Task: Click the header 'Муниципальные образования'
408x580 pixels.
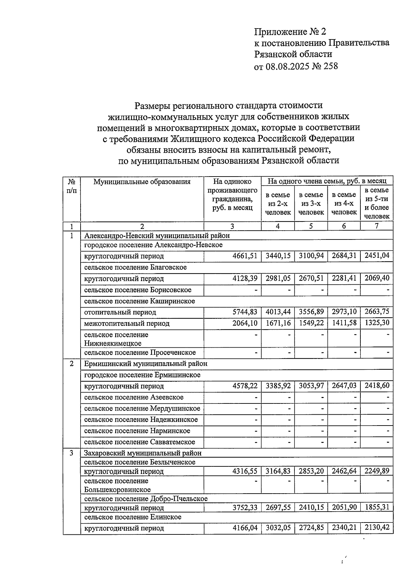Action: click(142, 182)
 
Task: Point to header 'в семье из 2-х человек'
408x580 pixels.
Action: click(277, 203)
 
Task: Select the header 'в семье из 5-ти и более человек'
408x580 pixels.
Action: click(376, 203)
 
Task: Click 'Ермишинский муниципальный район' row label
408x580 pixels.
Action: click(146, 364)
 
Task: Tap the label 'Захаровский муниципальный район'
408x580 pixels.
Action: click(143, 453)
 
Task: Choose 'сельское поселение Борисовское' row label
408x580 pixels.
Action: click(138, 290)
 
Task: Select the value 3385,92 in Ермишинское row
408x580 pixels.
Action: click(277, 386)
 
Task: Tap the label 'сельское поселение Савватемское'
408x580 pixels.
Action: click(140, 442)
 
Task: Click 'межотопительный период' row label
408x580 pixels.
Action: click(127, 323)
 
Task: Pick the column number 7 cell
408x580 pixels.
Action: click(376, 226)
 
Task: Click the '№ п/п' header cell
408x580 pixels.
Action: click(71, 186)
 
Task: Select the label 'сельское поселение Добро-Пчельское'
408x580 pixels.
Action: click(146, 499)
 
